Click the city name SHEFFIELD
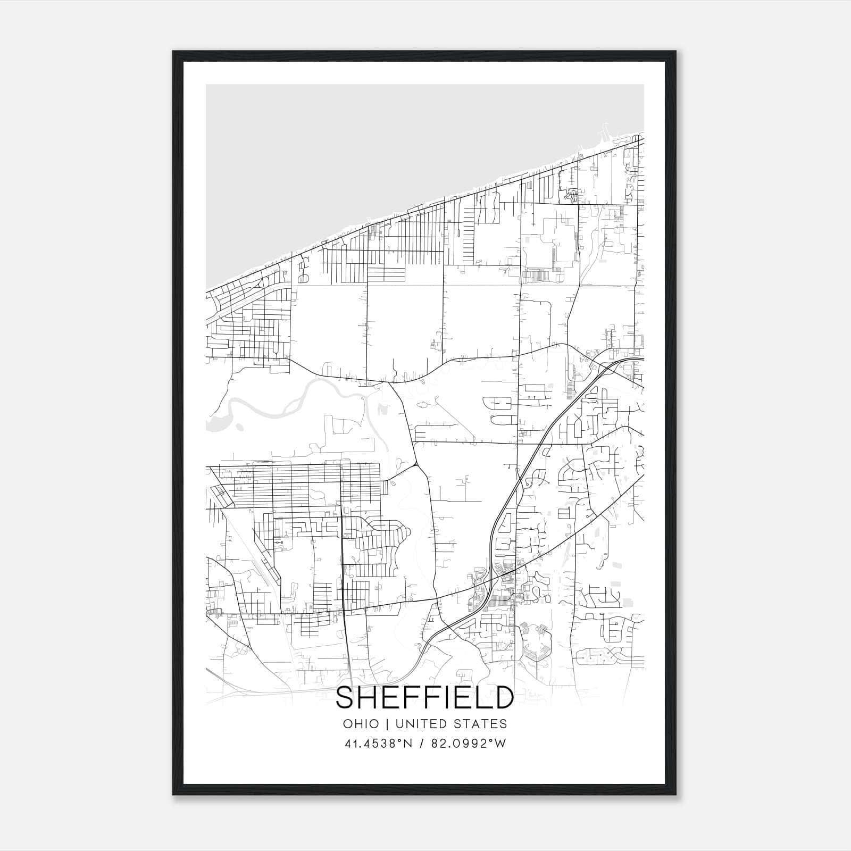coord(424,698)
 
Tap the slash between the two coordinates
coord(422,744)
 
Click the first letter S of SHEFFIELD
coord(346,698)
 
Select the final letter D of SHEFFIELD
coord(503,698)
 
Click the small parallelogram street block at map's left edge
coord(222,495)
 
